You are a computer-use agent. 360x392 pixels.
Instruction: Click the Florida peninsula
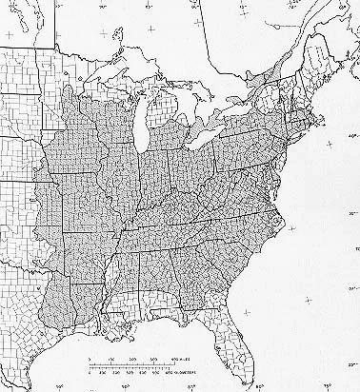click(237, 352)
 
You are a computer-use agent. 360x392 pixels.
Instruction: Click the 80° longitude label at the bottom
click(259, 386)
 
